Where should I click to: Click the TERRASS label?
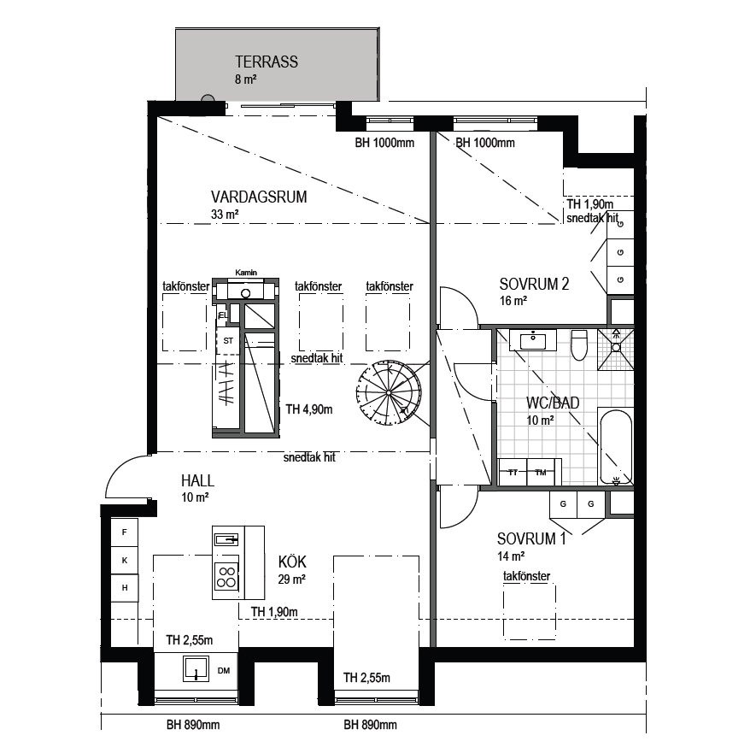click(x=267, y=62)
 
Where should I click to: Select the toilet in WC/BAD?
click(x=578, y=344)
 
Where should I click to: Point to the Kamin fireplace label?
click(x=246, y=273)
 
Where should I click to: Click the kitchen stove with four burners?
click(x=226, y=576)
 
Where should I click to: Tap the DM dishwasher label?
click(x=224, y=670)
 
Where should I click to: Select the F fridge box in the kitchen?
click(x=125, y=532)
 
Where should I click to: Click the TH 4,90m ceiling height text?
click(x=309, y=409)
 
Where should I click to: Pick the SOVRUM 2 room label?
click(x=534, y=284)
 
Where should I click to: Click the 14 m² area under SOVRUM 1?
click(x=511, y=556)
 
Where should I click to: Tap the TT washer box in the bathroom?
click(x=513, y=472)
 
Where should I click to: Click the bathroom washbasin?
click(x=533, y=339)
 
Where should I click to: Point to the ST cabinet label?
click(x=228, y=340)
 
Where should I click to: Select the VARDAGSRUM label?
click(x=259, y=197)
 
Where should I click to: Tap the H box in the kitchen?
click(x=125, y=588)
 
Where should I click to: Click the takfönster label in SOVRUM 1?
click(x=526, y=576)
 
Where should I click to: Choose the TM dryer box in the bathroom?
click(x=542, y=472)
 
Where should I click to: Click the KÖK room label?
click(x=292, y=562)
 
